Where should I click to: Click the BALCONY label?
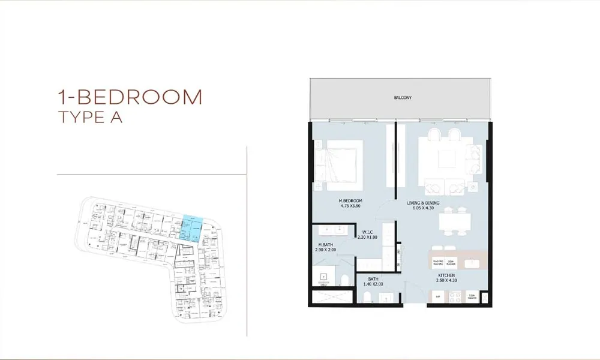coord(403,97)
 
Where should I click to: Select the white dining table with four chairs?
coord(454,222)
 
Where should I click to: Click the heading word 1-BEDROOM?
coord(130,97)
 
